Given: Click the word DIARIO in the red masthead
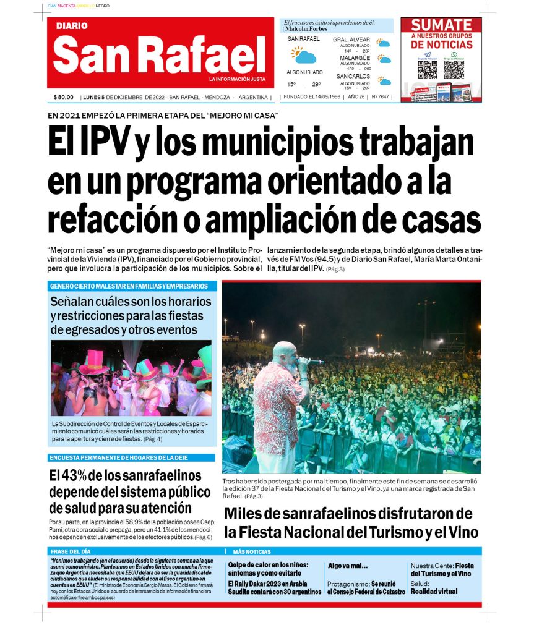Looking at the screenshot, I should (72, 26).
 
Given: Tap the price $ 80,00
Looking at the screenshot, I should (63, 97).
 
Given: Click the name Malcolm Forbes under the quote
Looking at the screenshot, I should (306, 29).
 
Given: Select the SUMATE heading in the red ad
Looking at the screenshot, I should (442, 25).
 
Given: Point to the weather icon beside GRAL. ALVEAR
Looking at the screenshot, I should (384, 43).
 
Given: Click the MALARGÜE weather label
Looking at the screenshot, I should (355, 58).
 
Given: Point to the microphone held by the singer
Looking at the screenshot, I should (312, 362).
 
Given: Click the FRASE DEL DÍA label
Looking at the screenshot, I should (71, 551).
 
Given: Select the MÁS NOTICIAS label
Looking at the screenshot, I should (252, 551).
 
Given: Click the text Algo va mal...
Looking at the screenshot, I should (347, 566).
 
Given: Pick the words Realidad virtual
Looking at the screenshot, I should (433, 592).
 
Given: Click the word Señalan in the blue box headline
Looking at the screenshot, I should (76, 302).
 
